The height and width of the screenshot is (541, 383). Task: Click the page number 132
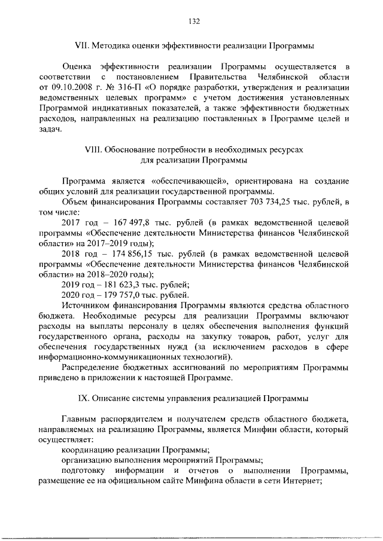tap(193, 22)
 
